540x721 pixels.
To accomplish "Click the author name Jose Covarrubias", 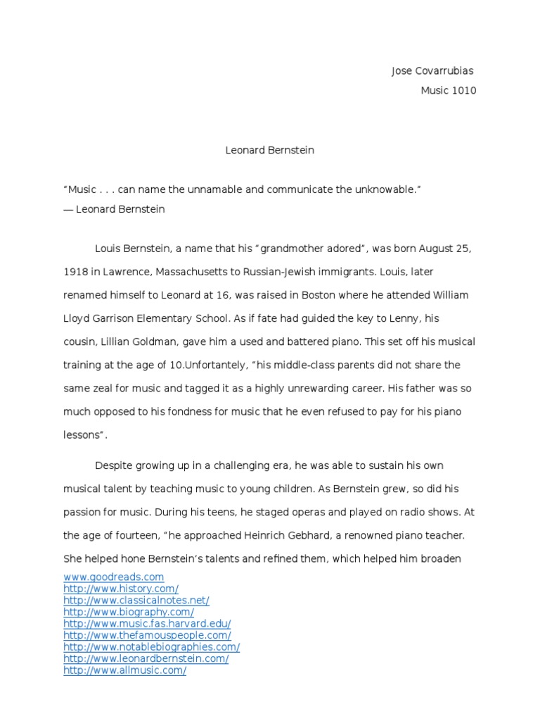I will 432,71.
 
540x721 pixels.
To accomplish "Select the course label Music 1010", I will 448,91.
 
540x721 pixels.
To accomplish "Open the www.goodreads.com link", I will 113,577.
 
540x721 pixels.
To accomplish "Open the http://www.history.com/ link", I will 121,589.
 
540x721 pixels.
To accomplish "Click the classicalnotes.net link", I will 136,601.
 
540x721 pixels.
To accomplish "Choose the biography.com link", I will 129,613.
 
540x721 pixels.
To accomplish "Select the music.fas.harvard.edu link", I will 147,624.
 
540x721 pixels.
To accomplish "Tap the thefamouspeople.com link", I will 147,636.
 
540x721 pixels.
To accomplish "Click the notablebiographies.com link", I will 152,647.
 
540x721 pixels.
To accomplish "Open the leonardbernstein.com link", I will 146,659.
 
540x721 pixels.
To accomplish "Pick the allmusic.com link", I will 125,671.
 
